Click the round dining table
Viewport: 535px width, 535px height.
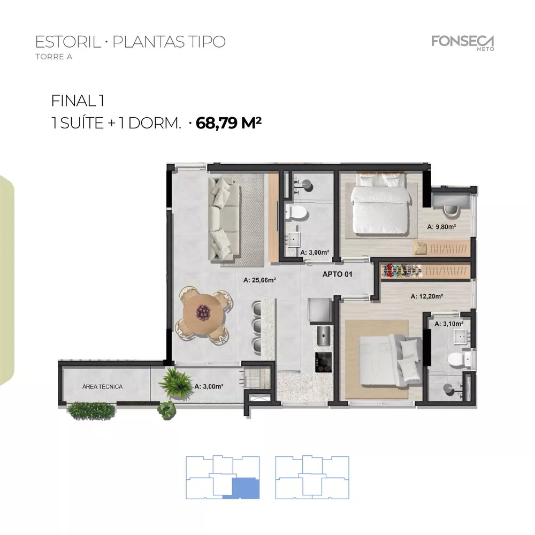click(x=204, y=312)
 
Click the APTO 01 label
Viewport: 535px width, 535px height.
click(x=337, y=274)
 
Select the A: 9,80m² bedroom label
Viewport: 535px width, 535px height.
click(x=441, y=227)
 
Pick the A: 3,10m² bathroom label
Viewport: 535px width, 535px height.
click(x=449, y=324)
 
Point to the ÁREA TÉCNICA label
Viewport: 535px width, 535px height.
click(x=103, y=386)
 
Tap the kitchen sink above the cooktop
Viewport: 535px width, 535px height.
click(x=323, y=337)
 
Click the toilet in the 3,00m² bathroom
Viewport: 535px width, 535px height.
click(x=295, y=212)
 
